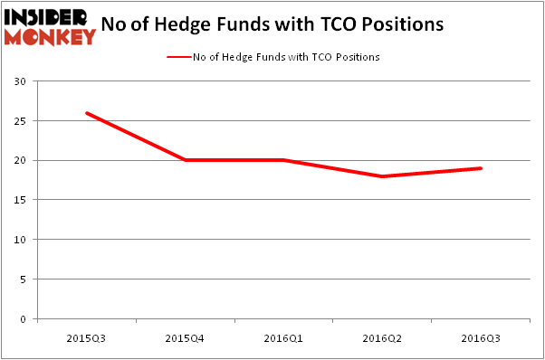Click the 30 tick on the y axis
pos(20,81)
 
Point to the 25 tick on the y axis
pos(20,121)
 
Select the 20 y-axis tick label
pos(20,161)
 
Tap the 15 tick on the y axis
pos(20,201)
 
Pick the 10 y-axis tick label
pos(20,240)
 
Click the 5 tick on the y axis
pos(23,279)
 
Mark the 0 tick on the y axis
pos(23,319)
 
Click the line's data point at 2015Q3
pos(86,113)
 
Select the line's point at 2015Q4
pos(185,160)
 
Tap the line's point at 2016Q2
pos(382,176)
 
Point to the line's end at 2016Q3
pos(481,168)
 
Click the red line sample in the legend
pos(177,57)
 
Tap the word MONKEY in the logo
pos(50,36)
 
